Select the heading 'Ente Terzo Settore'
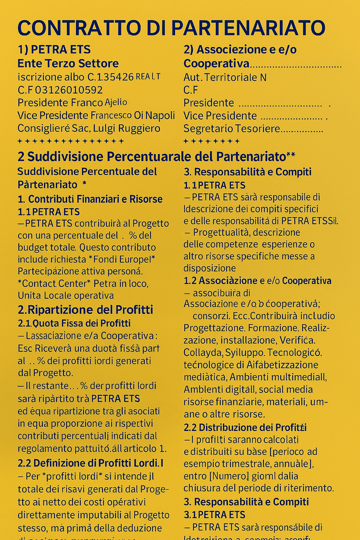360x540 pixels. point(68,64)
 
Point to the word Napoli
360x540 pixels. point(160,115)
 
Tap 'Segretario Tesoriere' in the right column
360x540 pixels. point(232,129)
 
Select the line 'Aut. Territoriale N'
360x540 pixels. point(225,77)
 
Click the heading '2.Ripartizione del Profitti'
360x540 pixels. point(85,310)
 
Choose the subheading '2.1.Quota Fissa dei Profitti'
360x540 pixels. point(74,323)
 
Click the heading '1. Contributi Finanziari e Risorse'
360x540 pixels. point(90,199)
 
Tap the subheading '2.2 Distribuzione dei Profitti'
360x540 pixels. point(245,427)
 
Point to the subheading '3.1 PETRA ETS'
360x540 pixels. point(214,515)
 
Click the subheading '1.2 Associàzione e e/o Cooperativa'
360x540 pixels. point(257,281)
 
